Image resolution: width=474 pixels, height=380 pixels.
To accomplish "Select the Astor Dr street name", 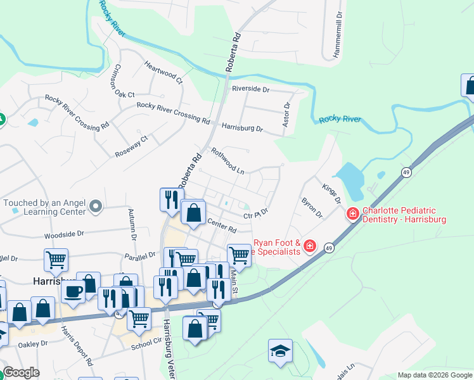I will coord(286,114).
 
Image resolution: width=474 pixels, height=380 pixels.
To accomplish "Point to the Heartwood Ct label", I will coord(163,73).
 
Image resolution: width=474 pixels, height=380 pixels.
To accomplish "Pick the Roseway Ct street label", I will coord(131,146).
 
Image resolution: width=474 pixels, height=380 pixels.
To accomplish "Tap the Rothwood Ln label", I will coord(227,161).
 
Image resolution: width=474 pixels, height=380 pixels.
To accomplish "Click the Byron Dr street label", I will coord(312,208).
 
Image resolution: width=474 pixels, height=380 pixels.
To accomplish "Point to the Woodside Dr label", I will coord(64,234).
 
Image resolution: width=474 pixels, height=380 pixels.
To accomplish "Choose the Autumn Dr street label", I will coord(132,224).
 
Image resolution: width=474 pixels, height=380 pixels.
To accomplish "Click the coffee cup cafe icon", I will coord(74,291).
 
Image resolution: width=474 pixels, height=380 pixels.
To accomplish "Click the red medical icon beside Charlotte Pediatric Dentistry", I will coord(352,214).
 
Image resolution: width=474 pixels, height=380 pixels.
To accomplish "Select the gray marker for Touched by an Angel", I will coord(96,205).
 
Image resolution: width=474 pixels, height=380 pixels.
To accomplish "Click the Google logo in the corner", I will coord(20,372).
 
